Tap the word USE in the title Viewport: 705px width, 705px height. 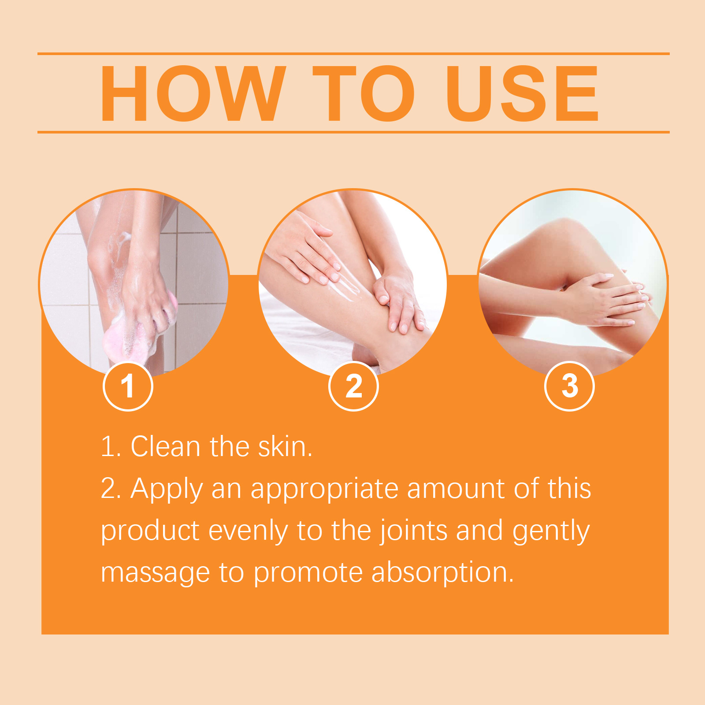[522, 93]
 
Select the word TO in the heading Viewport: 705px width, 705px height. [364, 93]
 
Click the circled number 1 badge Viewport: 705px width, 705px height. [128, 386]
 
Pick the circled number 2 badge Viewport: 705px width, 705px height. [353, 386]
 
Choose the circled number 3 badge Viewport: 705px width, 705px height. [570, 386]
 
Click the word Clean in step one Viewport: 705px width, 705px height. [166, 446]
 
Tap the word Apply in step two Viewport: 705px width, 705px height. [167, 489]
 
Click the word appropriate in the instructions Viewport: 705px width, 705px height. [325, 489]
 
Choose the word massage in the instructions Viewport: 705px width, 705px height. [155, 573]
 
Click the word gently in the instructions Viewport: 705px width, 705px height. [551, 531]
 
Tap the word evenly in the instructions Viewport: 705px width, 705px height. [248, 531]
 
